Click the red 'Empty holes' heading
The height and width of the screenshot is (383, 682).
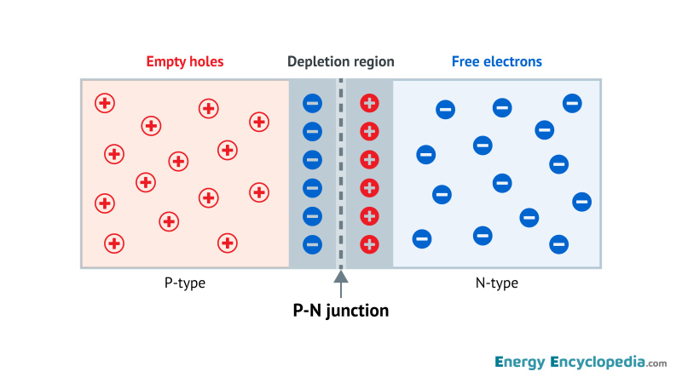tap(186, 61)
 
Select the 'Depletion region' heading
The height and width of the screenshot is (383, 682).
tap(341, 61)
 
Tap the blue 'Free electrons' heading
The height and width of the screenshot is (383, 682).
tap(497, 61)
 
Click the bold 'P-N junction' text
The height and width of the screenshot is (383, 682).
tap(341, 311)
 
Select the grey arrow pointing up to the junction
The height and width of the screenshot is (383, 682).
tap(341, 281)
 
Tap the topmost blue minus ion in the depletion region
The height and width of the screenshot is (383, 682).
tap(313, 104)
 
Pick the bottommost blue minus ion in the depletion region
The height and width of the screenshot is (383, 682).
tap(313, 244)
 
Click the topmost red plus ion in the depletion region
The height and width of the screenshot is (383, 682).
tap(369, 104)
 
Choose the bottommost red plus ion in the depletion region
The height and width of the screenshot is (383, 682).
tap(369, 244)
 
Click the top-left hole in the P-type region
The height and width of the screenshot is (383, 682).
tap(105, 103)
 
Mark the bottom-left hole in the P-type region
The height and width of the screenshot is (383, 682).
tap(113, 243)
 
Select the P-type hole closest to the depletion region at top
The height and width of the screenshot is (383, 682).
tap(259, 122)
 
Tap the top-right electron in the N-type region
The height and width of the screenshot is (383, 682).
tap(572, 103)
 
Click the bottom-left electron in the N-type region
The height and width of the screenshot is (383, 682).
tap(422, 238)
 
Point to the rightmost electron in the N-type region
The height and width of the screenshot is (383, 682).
tap(582, 202)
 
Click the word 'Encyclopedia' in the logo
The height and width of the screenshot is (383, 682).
tap(598, 362)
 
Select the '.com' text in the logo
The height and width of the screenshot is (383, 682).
tap(656, 363)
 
